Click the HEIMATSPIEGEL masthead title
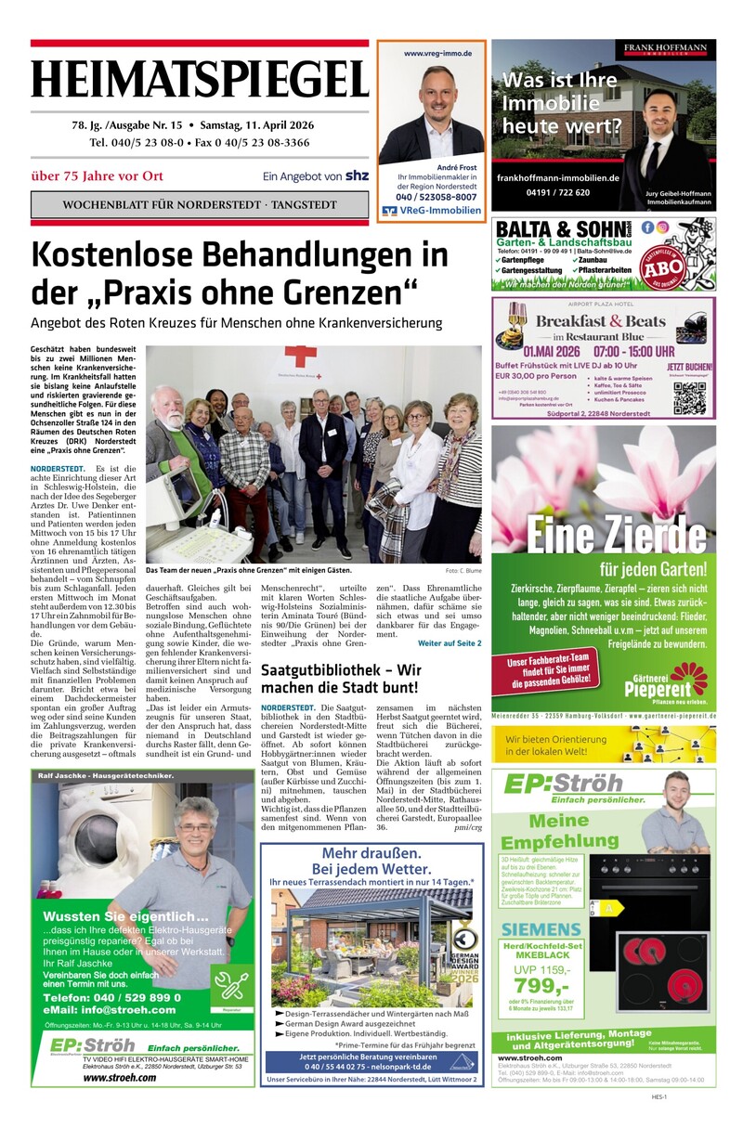pyautogui.click(x=200, y=78)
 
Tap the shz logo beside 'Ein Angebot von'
pyautogui.click(x=356, y=175)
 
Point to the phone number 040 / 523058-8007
pyautogui.click(x=431, y=197)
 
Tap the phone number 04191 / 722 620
pyautogui.click(x=556, y=192)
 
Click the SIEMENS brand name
pyautogui.click(x=541, y=928)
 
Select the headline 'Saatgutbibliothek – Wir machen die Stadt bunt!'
pyautogui.click(x=341, y=679)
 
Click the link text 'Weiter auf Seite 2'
pyautogui.click(x=450, y=643)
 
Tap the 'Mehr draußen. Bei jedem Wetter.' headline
pyautogui.click(x=371, y=862)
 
